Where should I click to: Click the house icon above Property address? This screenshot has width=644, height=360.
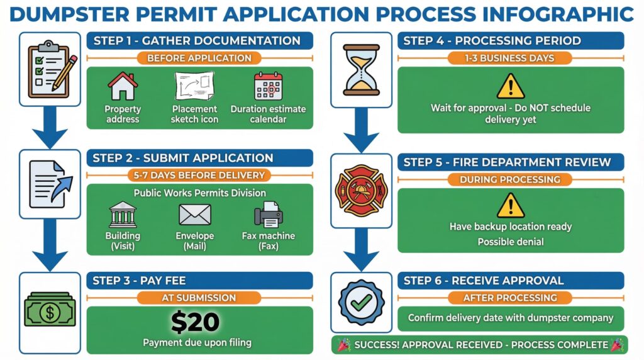tap(123, 86)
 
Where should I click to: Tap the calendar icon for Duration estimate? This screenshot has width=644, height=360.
tap(268, 87)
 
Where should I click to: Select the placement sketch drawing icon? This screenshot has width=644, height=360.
tap(194, 86)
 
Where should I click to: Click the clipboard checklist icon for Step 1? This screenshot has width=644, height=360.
tap(50, 69)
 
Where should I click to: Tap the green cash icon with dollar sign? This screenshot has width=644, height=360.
tap(50, 310)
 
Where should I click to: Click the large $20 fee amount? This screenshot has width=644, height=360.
tap(196, 322)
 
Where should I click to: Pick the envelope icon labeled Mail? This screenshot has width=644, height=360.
tap(194, 215)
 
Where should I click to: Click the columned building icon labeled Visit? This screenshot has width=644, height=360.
tap(123, 215)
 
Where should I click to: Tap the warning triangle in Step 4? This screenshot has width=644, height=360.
tap(510, 87)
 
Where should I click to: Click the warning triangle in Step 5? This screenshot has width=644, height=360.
tap(510, 206)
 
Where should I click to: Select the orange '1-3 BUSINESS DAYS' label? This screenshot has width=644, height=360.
tap(510, 58)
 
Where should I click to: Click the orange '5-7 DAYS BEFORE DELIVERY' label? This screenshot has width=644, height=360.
tap(199, 175)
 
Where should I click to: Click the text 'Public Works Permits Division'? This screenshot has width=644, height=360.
tap(199, 193)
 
